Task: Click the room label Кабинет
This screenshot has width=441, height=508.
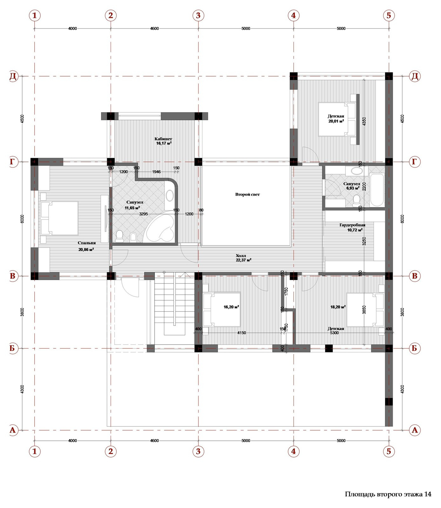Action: (163, 139)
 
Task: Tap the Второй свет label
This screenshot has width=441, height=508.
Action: (248, 194)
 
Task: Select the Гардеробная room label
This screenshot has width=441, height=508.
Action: (352, 225)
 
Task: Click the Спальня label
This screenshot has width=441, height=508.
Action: (86, 243)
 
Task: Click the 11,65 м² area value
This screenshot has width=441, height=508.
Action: (132, 208)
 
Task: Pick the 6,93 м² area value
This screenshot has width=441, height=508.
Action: (353, 188)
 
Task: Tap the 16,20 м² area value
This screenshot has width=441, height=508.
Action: (231, 307)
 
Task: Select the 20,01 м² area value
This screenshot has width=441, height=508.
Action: (336, 121)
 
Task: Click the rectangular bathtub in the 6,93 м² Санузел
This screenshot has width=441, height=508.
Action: (377, 190)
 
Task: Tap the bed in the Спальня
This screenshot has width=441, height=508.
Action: (59, 218)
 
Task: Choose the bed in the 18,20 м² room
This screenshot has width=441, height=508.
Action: (365, 310)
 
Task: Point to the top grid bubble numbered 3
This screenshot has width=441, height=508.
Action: (198, 15)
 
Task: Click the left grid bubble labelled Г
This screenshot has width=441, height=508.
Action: (12, 162)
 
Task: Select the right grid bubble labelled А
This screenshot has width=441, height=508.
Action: (415, 430)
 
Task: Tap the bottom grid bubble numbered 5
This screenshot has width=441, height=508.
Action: (389, 451)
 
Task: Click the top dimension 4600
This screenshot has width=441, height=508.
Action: (154, 29)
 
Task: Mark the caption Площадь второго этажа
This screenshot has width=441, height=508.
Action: (383, 494)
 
